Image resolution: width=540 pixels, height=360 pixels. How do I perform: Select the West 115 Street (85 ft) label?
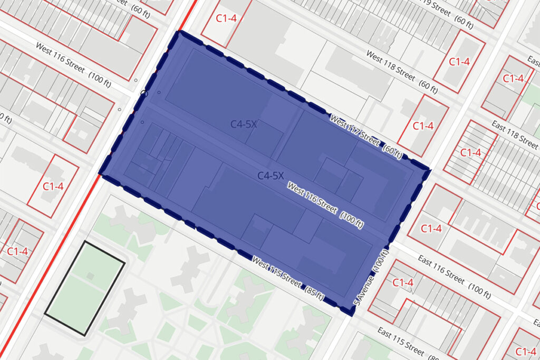pos(288,278)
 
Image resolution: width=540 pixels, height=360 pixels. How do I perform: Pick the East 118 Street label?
pos(515,134)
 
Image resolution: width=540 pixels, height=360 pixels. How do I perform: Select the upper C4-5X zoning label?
pos(244,124)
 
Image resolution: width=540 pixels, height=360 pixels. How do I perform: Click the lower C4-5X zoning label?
pos(271,176)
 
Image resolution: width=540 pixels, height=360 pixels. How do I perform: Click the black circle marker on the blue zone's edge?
pos(144,94)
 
